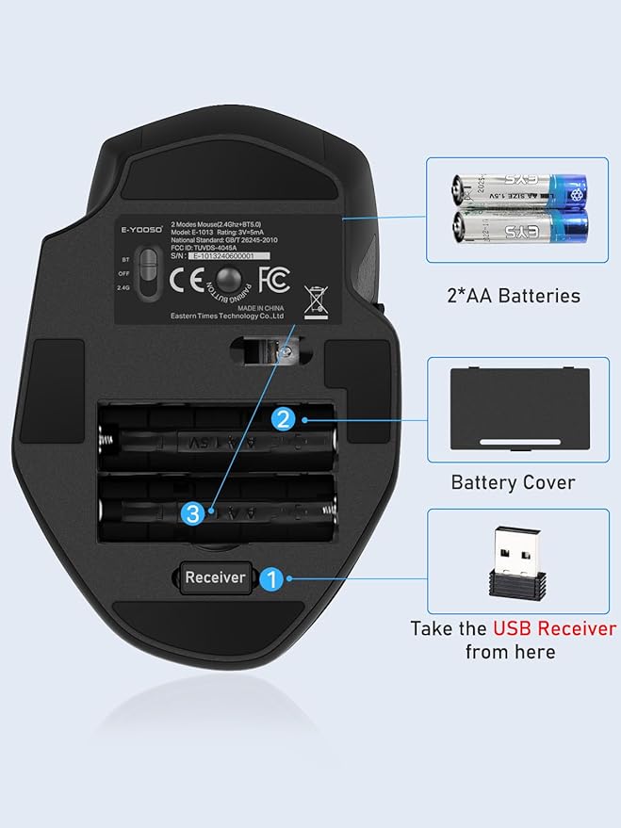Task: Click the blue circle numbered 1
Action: tap(271, 578)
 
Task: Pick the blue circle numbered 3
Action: tap(193, 513)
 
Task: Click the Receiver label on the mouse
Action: tap(214, 577)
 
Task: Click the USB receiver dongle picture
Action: tap(517, 562)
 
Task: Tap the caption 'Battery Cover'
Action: tap(513, 482)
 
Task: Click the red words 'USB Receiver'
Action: tap(553, 628)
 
